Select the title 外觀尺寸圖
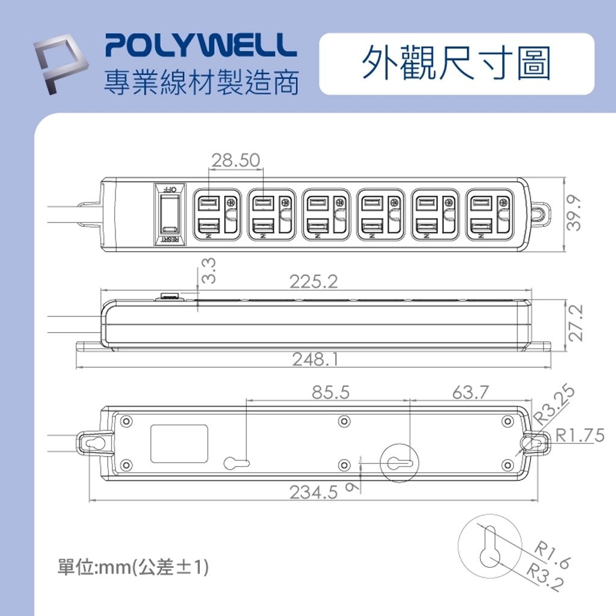pyautogui.click(x=456, y=64)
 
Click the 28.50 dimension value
pyautogui.click(x=235, y=161)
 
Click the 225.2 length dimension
pyautogui.click(x=313, y=282)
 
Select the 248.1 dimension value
pyautogui.click(x=315, y=360)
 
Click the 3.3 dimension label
pyautogui.click(x=208, y=271)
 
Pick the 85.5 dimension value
pyautogui.click(x=331, y=393)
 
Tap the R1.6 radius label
pyautogui.click(x=552, y=554)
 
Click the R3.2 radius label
pyautogui.click(x=543, y=578)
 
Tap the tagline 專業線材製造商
pyautogui.click(x=201, y=83)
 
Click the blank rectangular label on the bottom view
pyautogui.click(x=179, y=444)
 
